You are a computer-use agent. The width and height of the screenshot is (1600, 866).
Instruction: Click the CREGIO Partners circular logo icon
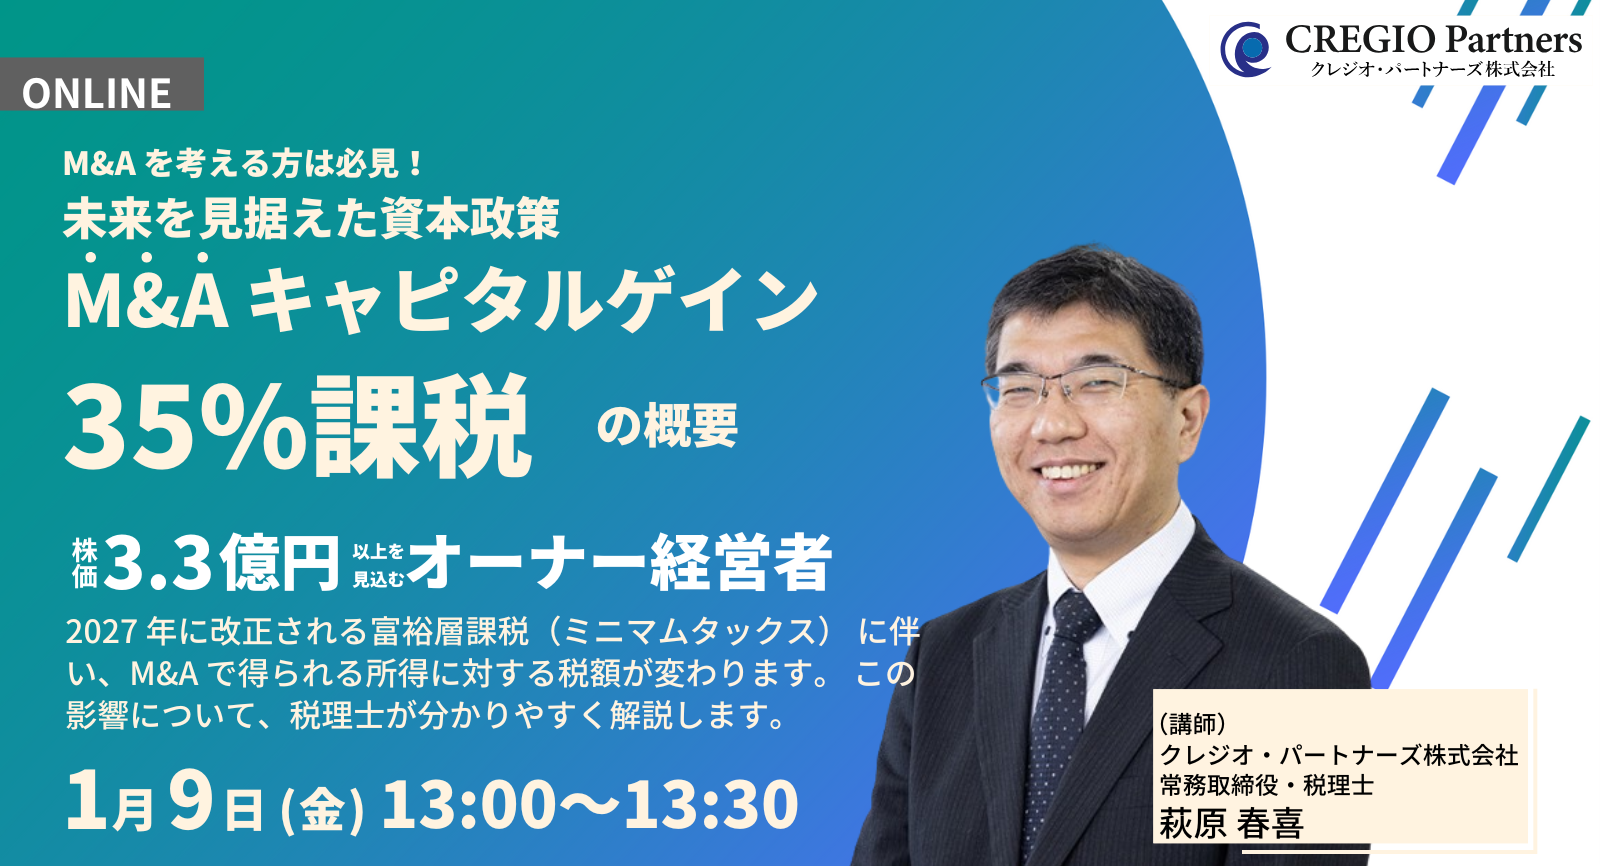[1246, 50]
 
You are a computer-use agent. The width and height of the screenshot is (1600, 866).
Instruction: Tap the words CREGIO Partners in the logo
[1432, 40]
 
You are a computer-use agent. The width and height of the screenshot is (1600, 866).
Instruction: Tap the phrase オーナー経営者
[621, 563]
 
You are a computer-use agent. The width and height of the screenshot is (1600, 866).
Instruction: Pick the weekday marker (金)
[322, 809]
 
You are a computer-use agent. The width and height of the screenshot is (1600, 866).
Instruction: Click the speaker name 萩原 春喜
[1231, 823]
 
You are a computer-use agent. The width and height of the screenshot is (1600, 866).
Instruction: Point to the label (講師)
[1192, 723]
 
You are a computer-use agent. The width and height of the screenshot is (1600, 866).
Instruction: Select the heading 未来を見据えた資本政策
[311, 218]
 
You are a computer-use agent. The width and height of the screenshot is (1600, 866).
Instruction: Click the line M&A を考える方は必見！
[245, 163]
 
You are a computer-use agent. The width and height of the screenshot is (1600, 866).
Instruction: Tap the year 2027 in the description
[101, 632]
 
